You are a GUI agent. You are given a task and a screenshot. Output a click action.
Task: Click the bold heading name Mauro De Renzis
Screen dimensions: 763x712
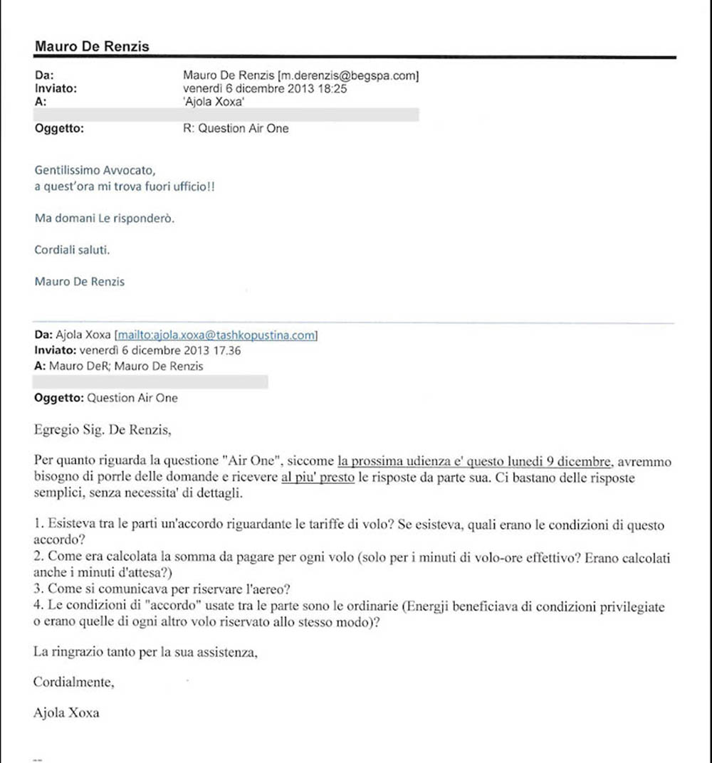[x=92, y=47]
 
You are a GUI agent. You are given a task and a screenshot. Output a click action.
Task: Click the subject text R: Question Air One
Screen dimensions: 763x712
[x=236, y=129]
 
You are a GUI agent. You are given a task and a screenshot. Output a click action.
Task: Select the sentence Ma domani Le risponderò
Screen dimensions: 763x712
[x=104, y=218]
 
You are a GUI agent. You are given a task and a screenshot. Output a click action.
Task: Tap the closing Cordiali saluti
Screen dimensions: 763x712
[x=73, y=250]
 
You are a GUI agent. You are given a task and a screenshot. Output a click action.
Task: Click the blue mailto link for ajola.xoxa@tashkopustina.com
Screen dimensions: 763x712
[x=216, y=335]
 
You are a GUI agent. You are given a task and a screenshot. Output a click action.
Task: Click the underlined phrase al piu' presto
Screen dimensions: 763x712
[x=318, y=478]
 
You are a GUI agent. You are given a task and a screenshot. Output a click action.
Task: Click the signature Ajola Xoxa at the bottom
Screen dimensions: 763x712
[x=66, y=712]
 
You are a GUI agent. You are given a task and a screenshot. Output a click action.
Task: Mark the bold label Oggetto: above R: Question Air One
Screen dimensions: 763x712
[x=59, y=129]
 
